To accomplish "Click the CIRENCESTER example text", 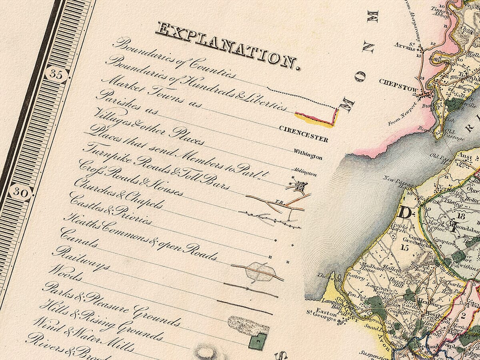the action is (303, 134).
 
